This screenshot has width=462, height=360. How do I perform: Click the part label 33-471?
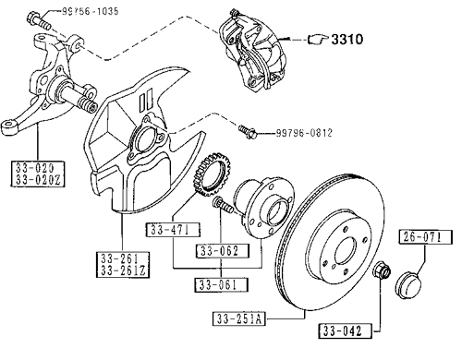pyautogui.click(x=173, y=230)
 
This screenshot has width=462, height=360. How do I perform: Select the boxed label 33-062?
pyautogui.click(x=223, y=251)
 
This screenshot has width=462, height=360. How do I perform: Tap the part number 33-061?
pyautogui.click(x=221, y=284)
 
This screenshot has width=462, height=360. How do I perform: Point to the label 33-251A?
pyautogui.click(x=239, y=318)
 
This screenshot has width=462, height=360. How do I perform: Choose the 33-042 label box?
pyautogui.click(x=346, y=331)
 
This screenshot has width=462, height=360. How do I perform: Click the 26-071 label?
pyautogui.click(x=426, y=236)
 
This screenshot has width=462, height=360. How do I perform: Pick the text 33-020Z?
pyautogui.click(x=38, y=180)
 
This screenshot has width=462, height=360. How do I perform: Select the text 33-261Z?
pyautogui.click(x=123, y=270)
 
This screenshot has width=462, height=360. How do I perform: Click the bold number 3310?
pyautogui.click(x=347, y=39)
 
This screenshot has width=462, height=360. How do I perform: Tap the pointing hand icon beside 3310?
pyautogui.click(x=318, y=40)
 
